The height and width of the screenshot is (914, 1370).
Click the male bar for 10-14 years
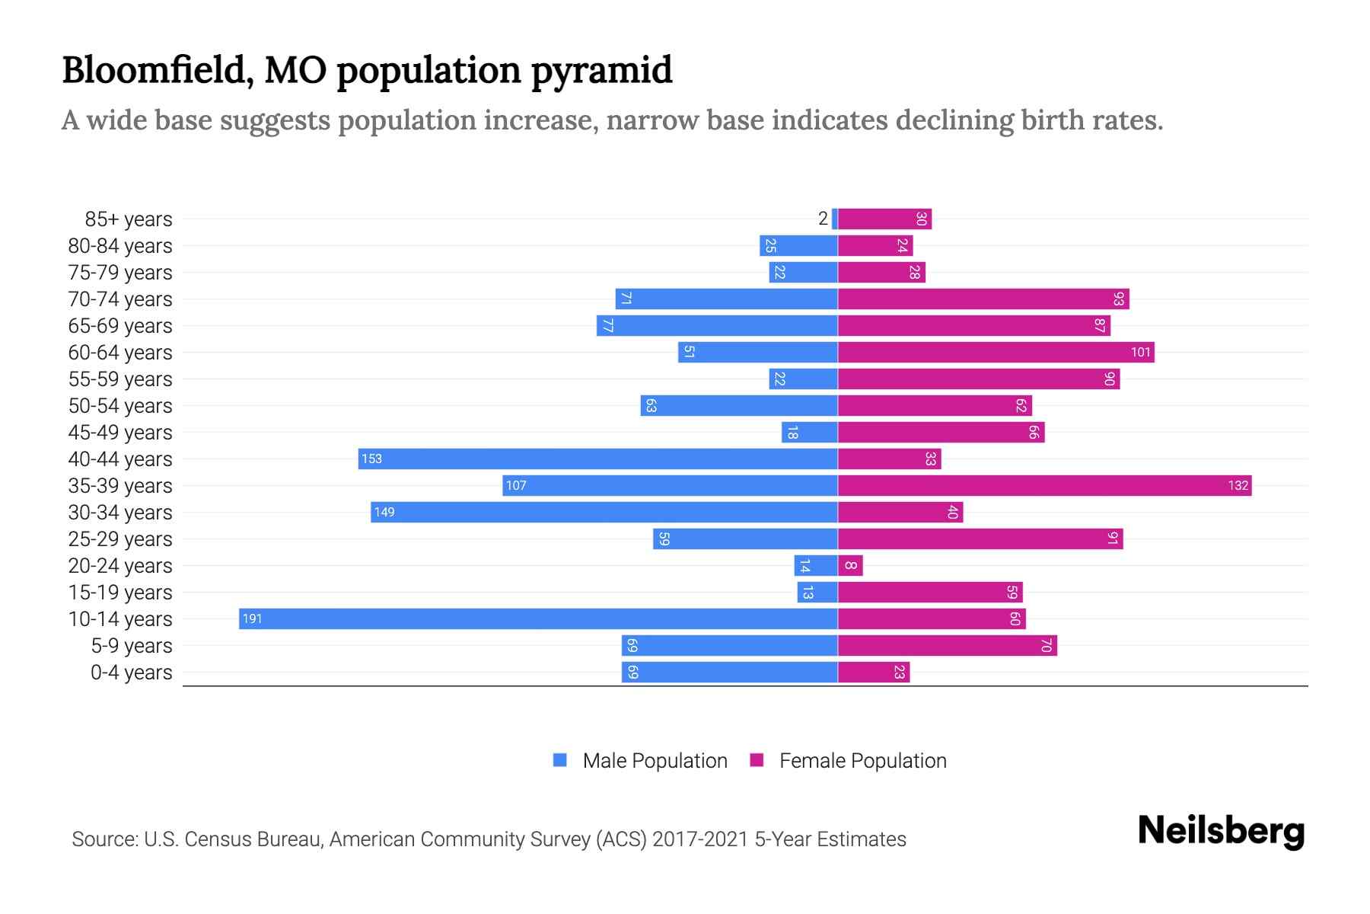(x=538, y=618)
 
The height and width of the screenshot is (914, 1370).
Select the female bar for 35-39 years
(x=1044, y=485)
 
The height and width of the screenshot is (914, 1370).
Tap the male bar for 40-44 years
(x=597, y=459)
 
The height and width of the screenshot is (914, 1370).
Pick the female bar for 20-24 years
(x=850, y=565)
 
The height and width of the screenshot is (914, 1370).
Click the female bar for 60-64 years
(x=996, y=352)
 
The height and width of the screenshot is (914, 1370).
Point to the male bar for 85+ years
(x=835, y=219)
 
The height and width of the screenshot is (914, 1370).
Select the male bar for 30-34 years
(x=604, y=512)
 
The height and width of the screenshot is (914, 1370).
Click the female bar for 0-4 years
(x=874, y=672)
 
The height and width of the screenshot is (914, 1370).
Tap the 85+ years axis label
(x=129, y=219)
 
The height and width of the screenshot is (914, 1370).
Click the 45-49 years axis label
(x=120, y=433)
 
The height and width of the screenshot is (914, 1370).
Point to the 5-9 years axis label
(x=132, y=646)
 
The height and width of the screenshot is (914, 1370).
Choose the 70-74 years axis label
(x=120, y=299)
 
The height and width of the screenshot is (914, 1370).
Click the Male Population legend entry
(x=655, y=760)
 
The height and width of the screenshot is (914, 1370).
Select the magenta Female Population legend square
(x=757, y=760)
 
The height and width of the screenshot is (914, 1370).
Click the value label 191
(x=252, y=618)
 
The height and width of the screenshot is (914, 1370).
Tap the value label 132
(x=1238, y=485)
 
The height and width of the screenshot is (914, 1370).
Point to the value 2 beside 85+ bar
(x=823, y=219)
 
